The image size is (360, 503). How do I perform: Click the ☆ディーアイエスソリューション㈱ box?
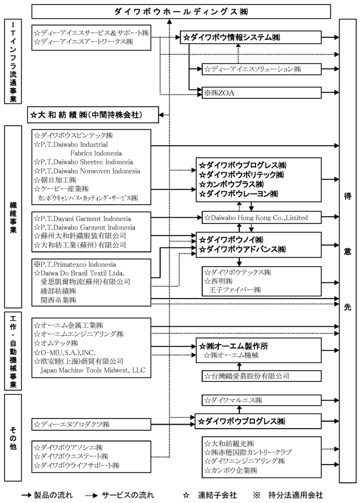pyautogui.click(x=261, y=69)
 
